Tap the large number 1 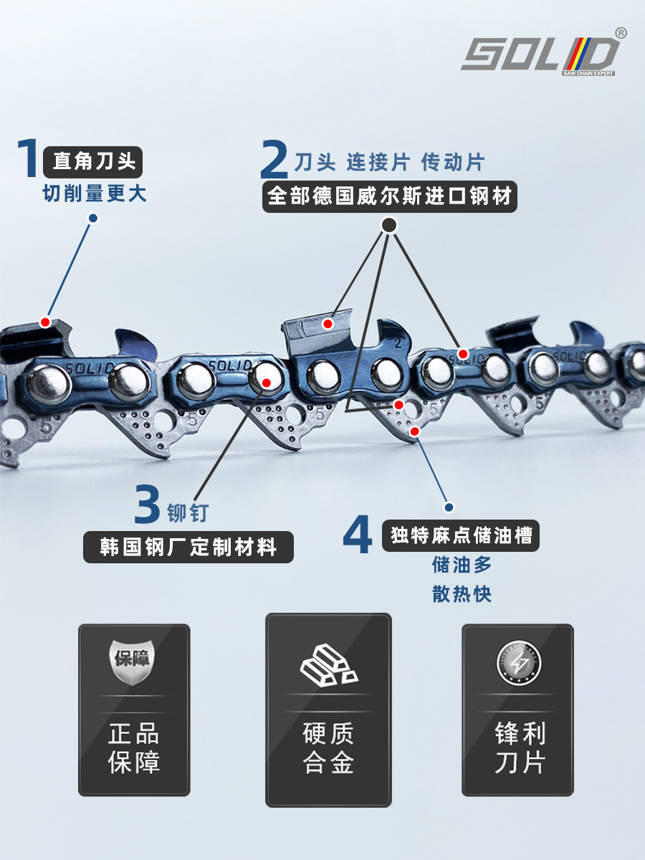click(x=27, y=159)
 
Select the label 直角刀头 click(x=93, y=162)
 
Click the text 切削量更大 click(x=95, y=194)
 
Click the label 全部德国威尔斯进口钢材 click(x=390, y=196)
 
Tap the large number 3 click(x=147, y=505)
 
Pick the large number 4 click(x=358, y=535)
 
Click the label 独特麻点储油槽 click(x=462, y=535)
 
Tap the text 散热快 click(x=462, y=594)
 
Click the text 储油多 click(x=462, y=565)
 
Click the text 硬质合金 click(x=328, y=747)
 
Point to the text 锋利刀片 click(x=518, y=747)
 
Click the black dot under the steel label click(x=388, y=226)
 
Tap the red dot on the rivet click(x=266, y=383)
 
